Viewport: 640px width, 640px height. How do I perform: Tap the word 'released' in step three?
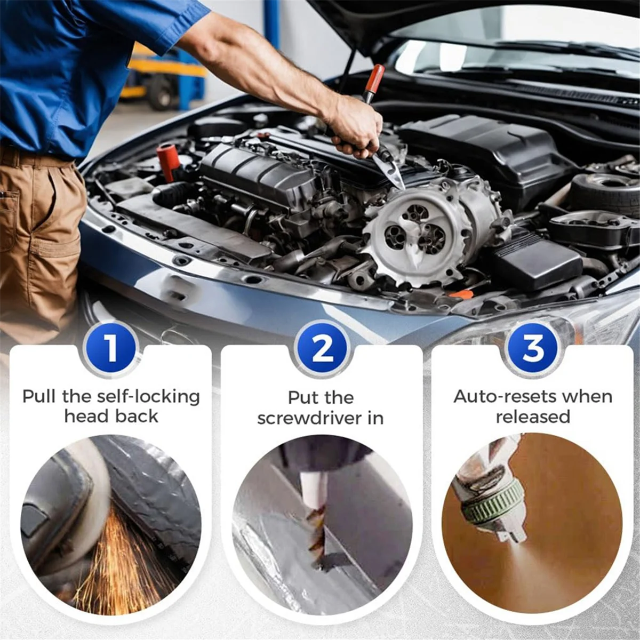point(533,417)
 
